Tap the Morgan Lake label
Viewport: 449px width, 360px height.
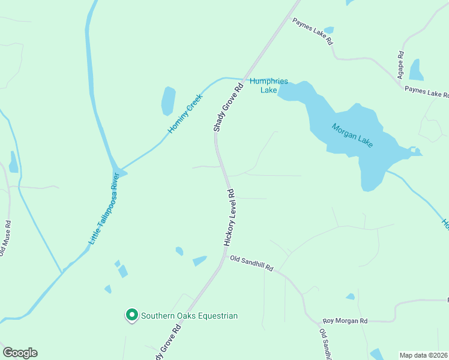click(x=352, y=135)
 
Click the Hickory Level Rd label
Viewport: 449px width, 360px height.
click(x=229, y=217)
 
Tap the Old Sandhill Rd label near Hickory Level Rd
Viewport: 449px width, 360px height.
click(x=252, y=264)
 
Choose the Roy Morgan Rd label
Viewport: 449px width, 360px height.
click(x=345, y=321)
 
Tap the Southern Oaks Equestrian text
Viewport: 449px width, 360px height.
click(x=189, y=316)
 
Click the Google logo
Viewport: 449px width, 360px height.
click(x=20, y=353)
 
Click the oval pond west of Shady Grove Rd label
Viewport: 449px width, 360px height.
click(x=169, y=101)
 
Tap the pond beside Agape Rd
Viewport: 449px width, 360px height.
click(x=417, y=70)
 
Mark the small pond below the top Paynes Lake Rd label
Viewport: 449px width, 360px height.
click(x=328, y=30)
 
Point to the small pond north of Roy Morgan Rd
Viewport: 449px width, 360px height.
click(x=350, y=296)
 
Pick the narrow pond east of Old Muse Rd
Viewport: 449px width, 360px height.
click(x=13, y=162)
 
